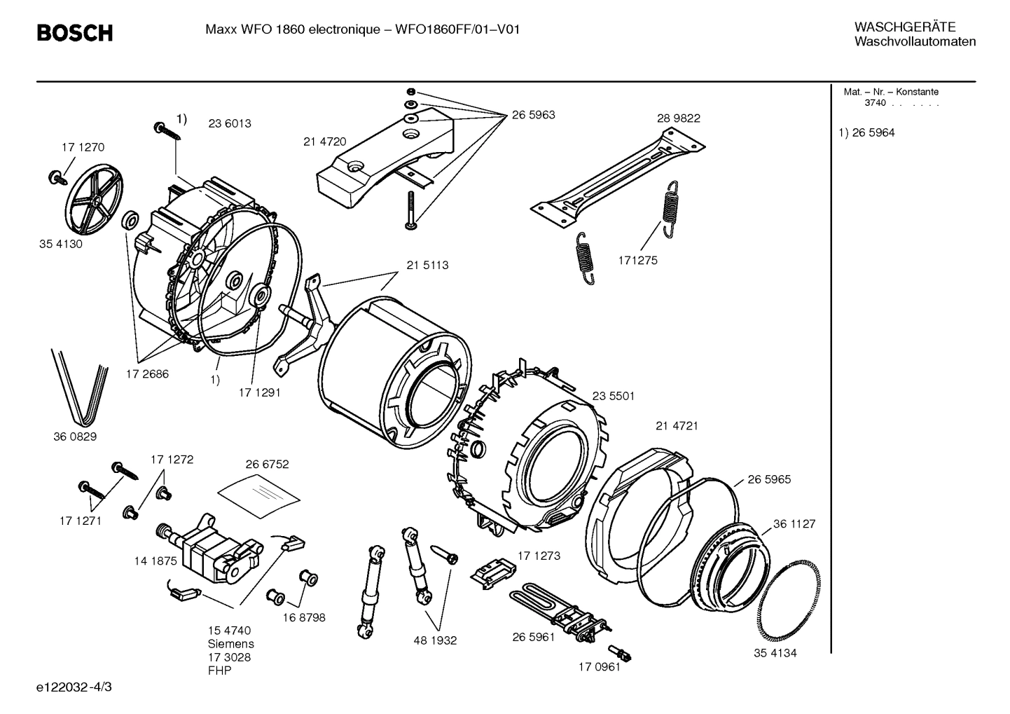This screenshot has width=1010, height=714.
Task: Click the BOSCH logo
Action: [74, 33]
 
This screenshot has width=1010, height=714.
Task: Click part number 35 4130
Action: [60, 245]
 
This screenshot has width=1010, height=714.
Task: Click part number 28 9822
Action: [678, 118]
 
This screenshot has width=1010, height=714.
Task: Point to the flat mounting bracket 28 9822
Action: [616, 175]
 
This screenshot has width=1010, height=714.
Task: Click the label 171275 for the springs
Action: [637, 261]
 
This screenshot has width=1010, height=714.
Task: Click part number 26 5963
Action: [533, 115]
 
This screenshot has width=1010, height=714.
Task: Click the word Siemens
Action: [230, 644]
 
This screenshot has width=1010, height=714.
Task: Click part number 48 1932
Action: [434, 640]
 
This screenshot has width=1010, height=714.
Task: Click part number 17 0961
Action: [599, 667]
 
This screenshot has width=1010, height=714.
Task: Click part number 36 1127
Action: [794, 524]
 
